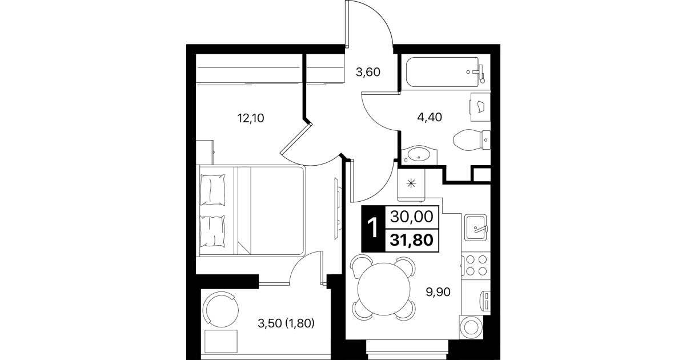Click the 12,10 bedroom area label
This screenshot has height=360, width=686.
(x=251, y=118)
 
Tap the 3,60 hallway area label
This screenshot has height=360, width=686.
(x=368, y=72)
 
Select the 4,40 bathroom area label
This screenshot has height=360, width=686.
(x=430, y=117)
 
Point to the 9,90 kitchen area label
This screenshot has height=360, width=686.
(x=438, y=292)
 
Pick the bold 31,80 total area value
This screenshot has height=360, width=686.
(x=412, y=240)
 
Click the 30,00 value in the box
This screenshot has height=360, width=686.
(x=412, y=217)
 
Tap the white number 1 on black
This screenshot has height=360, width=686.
(x=373, y=229)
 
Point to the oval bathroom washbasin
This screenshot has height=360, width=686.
(x=419, y=156)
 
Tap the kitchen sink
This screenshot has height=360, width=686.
(x=476, y=227)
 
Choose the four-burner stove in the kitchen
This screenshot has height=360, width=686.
(x=476, y=265)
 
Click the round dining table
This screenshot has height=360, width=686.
(x=384, y=289)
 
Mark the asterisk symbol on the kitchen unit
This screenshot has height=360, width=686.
(x=411, y=184)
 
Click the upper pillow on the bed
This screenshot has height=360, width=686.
(x=212, y=190)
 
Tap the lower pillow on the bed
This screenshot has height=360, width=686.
(x=212, y=231)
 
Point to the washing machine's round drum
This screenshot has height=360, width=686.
(x=471, y=327)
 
